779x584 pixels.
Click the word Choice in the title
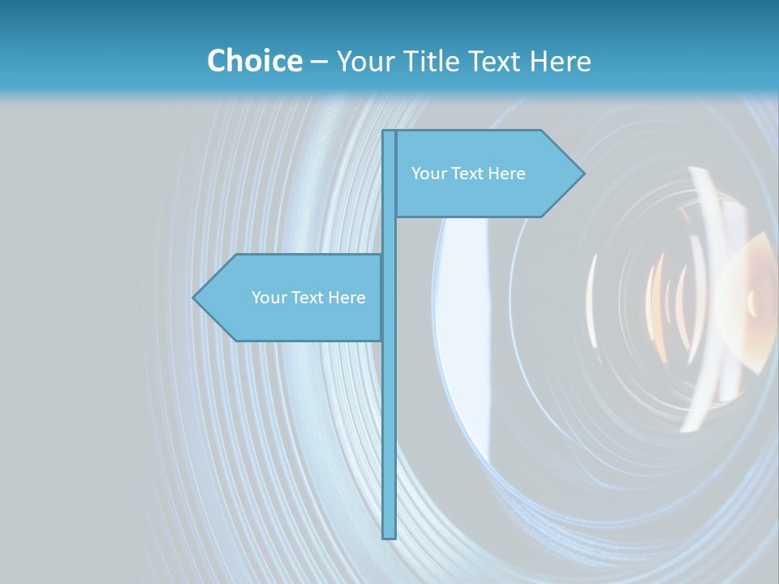[x=254, y=62]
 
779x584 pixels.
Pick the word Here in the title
[x=561, y=62]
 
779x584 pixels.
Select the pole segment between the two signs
[x=389, y=235]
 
